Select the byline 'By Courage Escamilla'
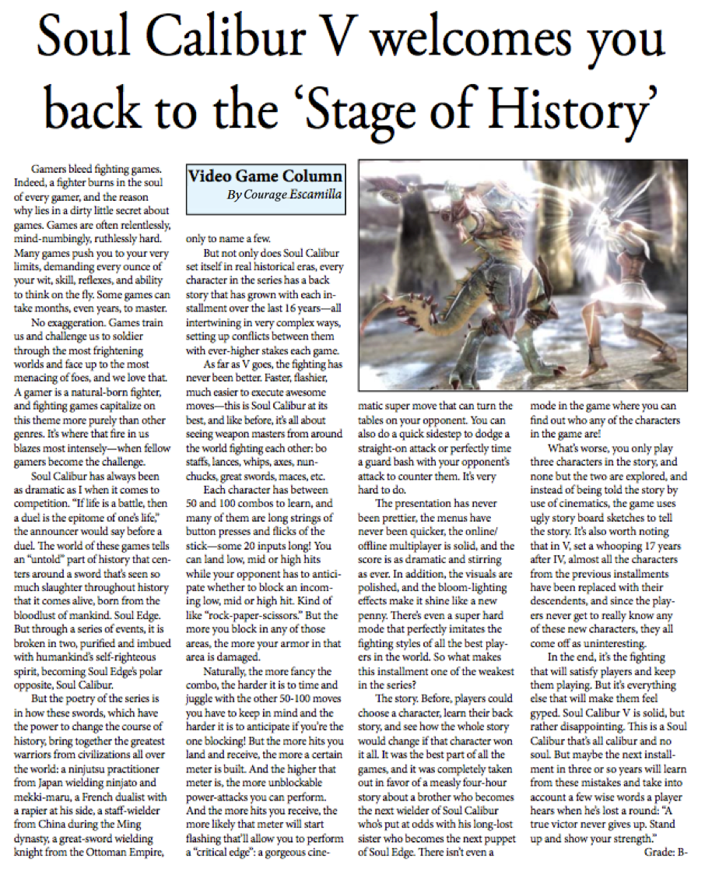point(284,195)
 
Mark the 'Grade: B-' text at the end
point(666,853)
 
